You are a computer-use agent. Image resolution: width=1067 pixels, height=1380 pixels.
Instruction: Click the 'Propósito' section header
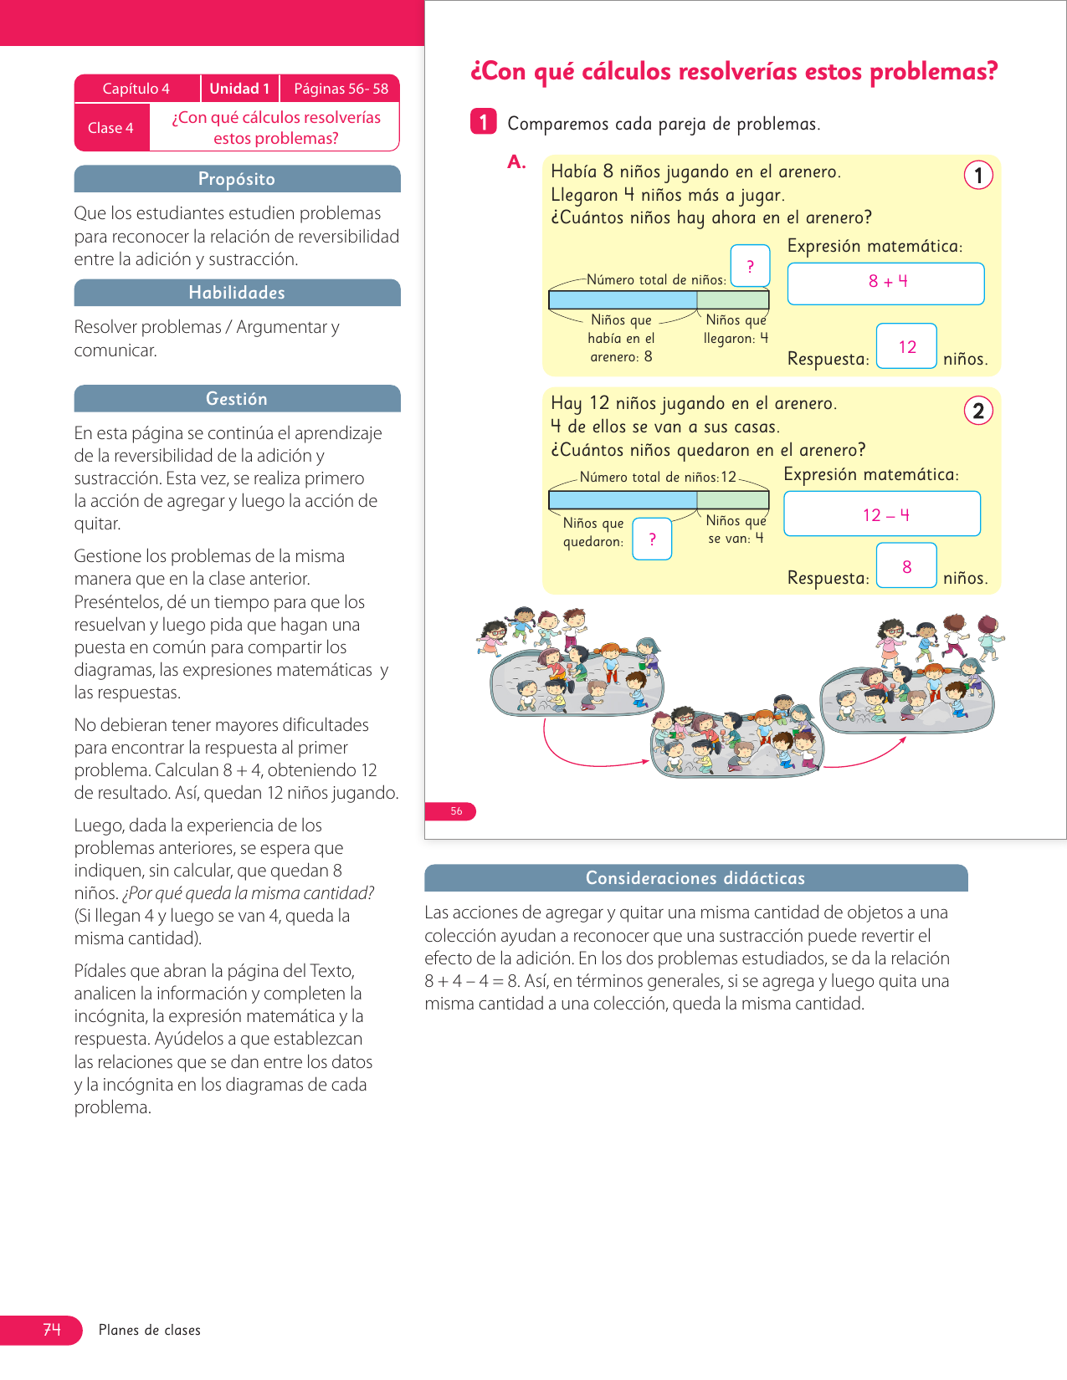237,179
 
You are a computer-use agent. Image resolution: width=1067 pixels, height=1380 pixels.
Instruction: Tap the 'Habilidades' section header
237,293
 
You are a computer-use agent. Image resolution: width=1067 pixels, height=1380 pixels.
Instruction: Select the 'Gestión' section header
237,399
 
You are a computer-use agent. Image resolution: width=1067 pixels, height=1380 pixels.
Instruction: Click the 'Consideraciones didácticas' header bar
695,878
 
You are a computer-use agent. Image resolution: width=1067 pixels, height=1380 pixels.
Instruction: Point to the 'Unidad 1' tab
239,89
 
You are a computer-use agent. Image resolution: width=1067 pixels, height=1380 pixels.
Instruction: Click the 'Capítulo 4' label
136,89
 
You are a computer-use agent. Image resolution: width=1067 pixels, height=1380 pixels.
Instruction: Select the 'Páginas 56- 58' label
341,89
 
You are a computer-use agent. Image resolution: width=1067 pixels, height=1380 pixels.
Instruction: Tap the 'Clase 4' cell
111,128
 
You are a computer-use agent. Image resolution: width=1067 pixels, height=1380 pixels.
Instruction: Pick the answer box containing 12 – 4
882,514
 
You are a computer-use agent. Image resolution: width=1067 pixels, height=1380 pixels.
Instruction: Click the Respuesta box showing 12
906,346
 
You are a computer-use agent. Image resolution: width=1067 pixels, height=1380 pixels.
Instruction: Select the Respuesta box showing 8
906,566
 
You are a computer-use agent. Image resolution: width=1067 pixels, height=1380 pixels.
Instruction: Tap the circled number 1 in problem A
978,176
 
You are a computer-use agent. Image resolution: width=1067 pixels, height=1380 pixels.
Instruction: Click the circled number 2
978,411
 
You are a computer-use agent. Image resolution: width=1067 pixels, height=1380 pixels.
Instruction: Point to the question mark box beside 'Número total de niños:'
750,267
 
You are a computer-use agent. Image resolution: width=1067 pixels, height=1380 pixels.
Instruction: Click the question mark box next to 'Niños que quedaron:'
652,539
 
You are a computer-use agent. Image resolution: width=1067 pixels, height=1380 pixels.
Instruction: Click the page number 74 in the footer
51,1330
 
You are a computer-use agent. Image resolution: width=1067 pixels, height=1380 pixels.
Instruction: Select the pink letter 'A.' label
516,162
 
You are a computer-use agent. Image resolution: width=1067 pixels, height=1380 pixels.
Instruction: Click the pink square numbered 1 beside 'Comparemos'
483,122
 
